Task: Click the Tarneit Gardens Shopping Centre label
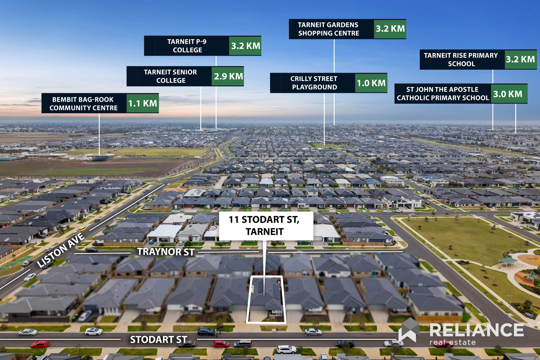tap(328, 29)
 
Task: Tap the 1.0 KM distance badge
tap(371, 83)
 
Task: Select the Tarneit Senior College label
tap(170, 76)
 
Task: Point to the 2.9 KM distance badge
tap(228, 76)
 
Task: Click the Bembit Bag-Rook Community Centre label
tap(83, 103)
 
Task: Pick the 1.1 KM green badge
tap(143, 103)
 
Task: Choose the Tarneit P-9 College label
tap(187, 46)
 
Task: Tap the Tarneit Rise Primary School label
tap(461, 60)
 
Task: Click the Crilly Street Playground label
tap(314, 83)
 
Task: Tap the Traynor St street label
tap(166, 252)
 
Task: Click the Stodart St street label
tap(158, 340)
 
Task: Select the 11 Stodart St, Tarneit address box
tap(266, 226)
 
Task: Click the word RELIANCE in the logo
tap(477, 330)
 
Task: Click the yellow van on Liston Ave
tap(82, 228)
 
